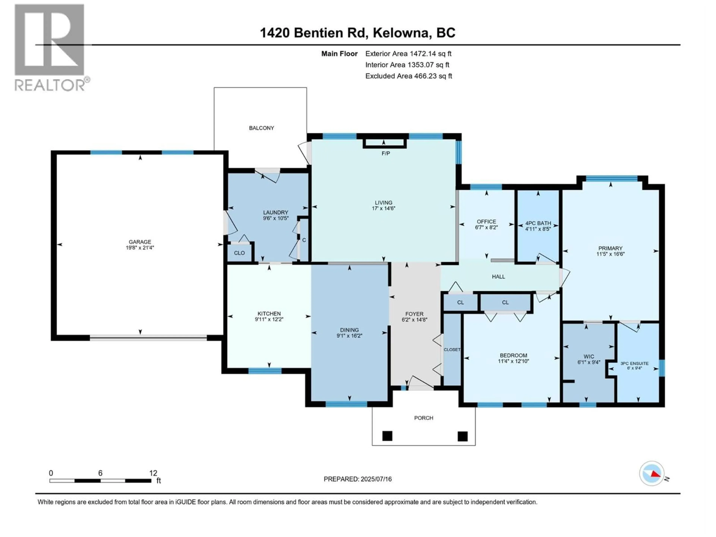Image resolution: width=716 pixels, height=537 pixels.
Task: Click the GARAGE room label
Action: coord(140,242)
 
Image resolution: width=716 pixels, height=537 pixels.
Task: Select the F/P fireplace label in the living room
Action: coord(386,153)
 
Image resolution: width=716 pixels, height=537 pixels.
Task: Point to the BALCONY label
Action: coord(261,128)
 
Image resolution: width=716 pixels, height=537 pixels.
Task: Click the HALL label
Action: coord(498,277)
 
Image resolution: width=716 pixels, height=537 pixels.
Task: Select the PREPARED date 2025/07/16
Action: coord(376,479)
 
